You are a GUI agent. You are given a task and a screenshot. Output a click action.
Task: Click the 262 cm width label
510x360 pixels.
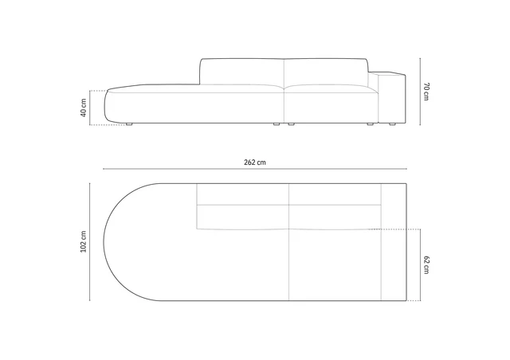(x=255, y=162)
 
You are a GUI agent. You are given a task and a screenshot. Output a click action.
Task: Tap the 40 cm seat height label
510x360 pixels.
(x=84, y=108)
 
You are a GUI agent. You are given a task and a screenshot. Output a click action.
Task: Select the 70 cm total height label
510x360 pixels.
(x=426, y=92)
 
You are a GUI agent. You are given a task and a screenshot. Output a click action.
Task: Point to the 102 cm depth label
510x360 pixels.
(x=84, y=241)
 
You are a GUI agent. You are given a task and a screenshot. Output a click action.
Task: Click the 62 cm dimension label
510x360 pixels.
(x=426, y=264)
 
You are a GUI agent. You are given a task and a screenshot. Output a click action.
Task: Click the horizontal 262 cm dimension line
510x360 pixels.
(x=255, y=169)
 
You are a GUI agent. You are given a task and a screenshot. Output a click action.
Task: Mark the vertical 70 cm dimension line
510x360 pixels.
(x=420, y=92)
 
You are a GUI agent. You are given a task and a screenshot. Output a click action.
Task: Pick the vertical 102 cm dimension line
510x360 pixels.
(x=90, y=241)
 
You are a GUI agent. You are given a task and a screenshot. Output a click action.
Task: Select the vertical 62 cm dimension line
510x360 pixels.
(x=420, y=264)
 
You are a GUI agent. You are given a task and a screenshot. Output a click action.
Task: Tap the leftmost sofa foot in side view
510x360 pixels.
(x=129, y=124)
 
